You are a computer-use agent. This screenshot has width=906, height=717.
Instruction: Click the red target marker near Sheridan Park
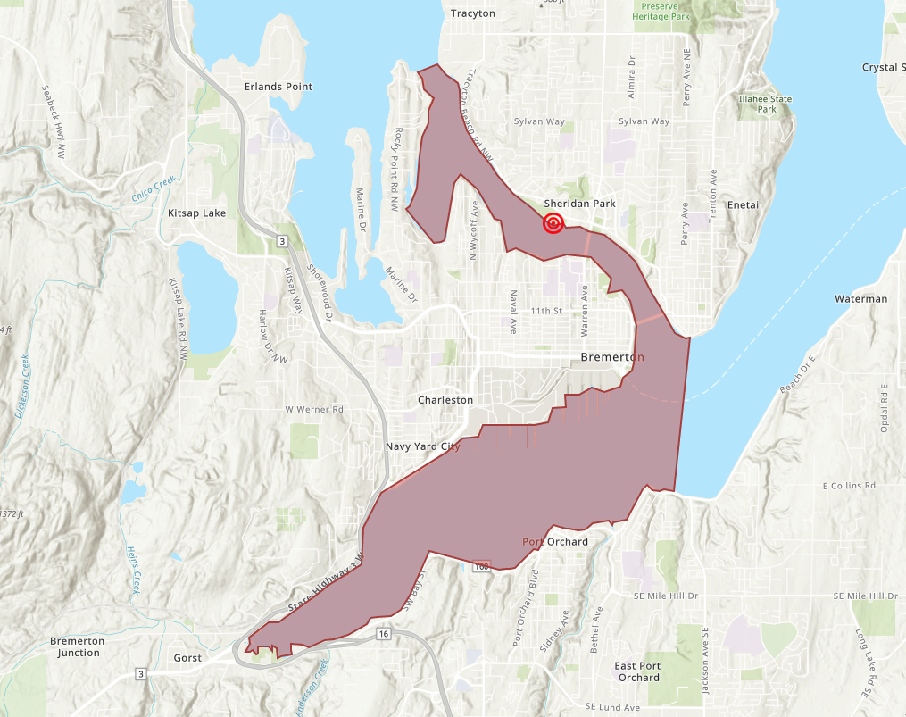[553, 223]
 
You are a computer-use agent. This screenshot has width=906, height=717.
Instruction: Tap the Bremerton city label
[611, 357]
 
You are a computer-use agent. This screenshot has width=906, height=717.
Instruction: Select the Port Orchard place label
[555, 542]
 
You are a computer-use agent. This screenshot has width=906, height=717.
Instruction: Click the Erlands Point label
[278, 87]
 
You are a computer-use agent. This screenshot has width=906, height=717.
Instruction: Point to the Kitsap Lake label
[196, 213]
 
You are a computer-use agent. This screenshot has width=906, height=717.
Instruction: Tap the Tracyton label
[473, 13]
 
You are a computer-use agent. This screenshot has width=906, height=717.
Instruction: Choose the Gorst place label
[187, 658]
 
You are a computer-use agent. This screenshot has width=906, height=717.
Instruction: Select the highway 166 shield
[482, 566]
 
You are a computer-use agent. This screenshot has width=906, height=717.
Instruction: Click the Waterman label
[860, 299]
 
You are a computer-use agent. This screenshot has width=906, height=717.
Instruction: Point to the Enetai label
[743, 205]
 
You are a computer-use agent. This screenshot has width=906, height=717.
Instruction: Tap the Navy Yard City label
[422, 446]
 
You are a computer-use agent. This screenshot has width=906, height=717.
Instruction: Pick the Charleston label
[445, 400]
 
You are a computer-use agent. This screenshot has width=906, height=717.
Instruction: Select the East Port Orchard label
[637, 671]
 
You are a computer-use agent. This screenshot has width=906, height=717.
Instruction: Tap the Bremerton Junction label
[77, 646]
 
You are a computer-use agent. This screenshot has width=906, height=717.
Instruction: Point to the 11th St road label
[546, 311]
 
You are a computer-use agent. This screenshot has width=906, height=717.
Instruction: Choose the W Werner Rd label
[314, 410]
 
